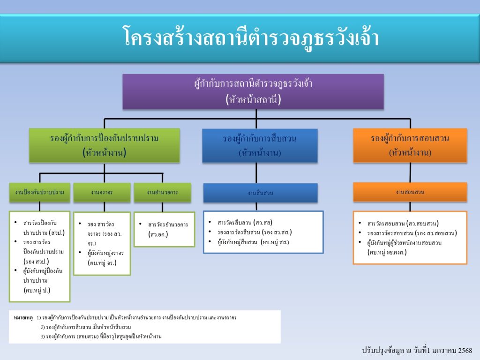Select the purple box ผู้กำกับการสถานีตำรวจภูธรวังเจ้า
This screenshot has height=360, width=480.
[253, 91]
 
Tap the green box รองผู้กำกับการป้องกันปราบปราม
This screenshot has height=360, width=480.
[105, 145]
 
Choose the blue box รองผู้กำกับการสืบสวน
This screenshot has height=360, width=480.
[260, 145]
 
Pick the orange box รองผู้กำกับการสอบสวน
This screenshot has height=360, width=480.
[410, 145]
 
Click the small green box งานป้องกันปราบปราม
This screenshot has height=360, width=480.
[40, 193]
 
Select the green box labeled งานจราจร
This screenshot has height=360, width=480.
[102, 193]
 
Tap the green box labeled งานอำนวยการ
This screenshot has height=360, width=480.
[162, 193]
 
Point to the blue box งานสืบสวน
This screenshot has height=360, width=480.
[260, 193]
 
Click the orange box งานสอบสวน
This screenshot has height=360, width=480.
[410, 192]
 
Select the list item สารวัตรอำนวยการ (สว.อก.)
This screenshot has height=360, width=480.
[168, 229]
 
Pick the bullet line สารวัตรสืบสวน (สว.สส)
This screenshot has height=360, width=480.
[245, 223]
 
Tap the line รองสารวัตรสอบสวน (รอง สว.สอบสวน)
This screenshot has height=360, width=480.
[412, 233]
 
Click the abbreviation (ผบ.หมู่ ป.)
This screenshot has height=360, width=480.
[37, 290]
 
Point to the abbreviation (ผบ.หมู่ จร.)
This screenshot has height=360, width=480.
[102, 262]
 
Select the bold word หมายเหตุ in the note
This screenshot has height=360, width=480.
[23, 318]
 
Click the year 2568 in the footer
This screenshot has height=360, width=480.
[465, 350]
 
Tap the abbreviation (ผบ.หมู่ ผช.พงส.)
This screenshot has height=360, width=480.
[387, 253]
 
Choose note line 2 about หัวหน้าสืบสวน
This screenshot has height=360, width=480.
[86, 327]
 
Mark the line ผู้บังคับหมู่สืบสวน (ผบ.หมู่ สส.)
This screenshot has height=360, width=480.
[253, 242]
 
